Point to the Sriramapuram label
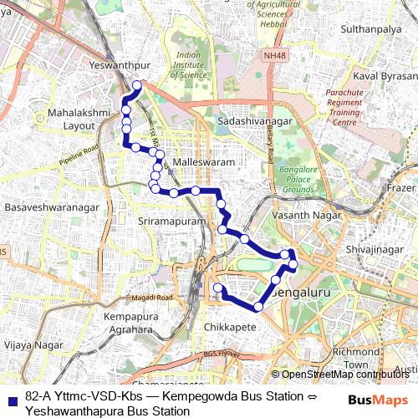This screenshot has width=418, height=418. [171, 222]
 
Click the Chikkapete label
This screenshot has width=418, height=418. [230, 328]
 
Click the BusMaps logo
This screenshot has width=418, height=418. [375, 399]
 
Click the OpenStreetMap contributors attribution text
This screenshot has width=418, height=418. [344, 374]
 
